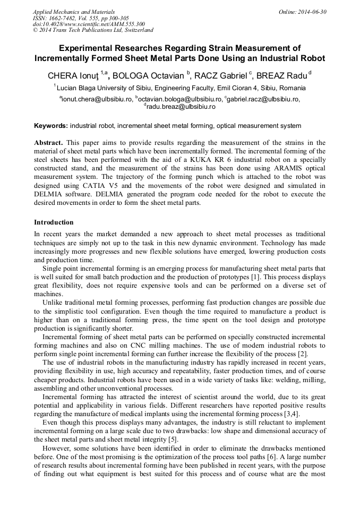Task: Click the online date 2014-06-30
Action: pos(312,12)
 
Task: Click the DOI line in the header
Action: pos(89,24)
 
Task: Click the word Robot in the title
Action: pos(312,58)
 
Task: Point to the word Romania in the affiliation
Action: pos(291,88)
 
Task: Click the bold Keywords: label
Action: pos(51,126)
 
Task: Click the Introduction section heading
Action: pos(54,222)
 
